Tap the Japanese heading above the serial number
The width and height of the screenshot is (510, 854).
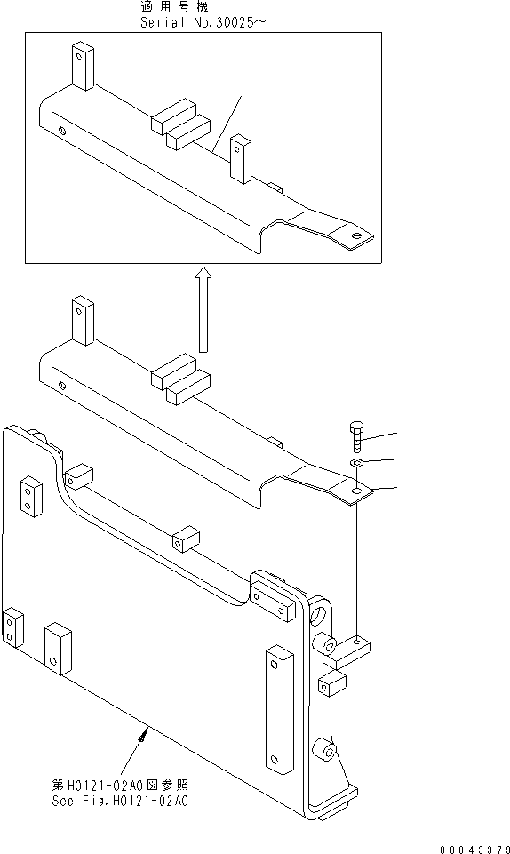click(202, 7)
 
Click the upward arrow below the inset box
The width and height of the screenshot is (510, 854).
click(203, 310)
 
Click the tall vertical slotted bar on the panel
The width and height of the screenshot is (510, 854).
click(279, 710)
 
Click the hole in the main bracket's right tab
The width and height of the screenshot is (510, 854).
click(356, 490)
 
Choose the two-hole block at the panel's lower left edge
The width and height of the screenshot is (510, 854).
click(12, 628)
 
